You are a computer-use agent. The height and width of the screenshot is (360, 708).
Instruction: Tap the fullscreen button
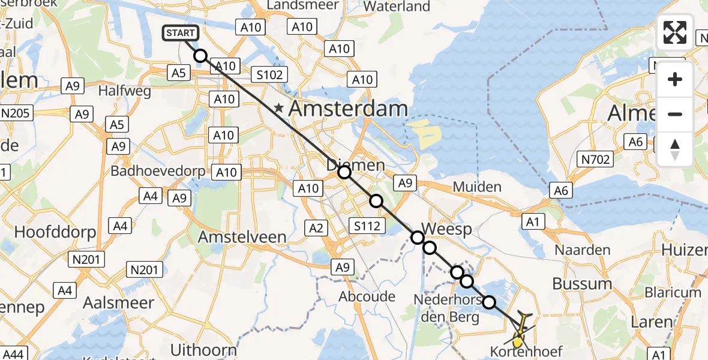(x=675, y=32)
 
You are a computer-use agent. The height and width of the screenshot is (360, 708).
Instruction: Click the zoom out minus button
(x=675, y=114)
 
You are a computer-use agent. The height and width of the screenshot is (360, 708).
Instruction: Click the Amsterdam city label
(x=349, y=109)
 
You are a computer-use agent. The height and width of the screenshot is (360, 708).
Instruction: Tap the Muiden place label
(x=477, y=187)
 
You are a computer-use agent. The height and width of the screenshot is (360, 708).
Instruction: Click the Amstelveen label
(x=242, y=236)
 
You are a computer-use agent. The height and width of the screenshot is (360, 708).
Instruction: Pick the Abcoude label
(x=367, y=296)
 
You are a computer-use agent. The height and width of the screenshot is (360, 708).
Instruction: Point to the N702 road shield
(x=595, y=159)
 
